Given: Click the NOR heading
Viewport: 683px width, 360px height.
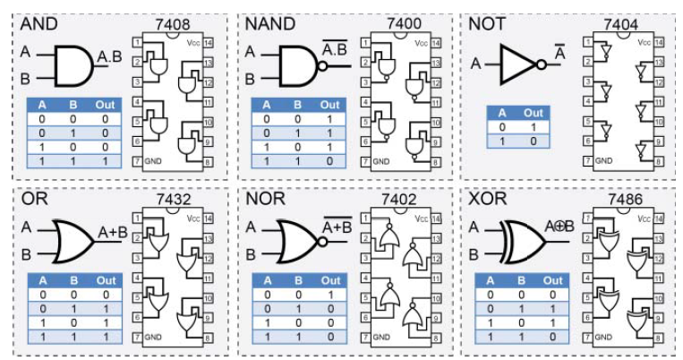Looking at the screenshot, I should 265,199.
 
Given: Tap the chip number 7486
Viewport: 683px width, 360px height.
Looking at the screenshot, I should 624,199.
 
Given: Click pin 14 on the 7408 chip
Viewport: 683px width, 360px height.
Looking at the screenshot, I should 209,42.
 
